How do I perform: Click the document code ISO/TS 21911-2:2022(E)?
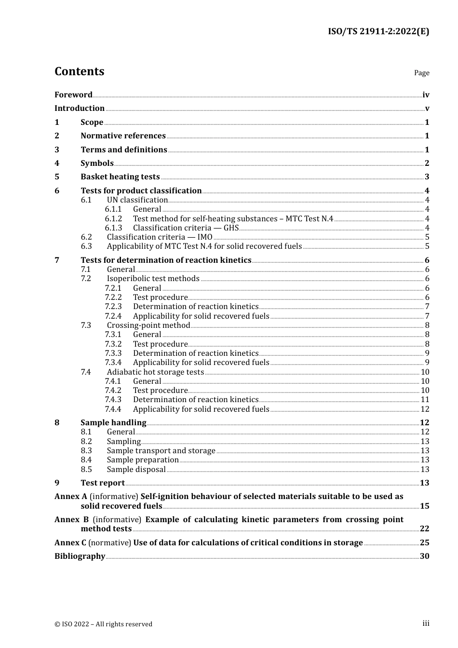tap(378, 32)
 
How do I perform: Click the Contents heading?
tap(79, 71)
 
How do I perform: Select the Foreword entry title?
tap(73, 95)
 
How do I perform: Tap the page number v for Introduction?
tap(427, 108)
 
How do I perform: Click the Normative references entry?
tap(123, 136)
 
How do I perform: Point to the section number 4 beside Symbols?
tap(57, 163)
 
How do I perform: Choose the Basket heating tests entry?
tap(120, 177)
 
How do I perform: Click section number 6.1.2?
tap(113, 219)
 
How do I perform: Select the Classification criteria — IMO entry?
tap(160, 237)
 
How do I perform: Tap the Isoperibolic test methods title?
tap(153, 279)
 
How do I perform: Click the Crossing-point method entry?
tap(148, 325)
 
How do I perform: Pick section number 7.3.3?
tap(113, 353)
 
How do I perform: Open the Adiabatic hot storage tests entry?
tap(155, 372)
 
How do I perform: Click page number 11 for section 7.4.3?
tap(425, 400)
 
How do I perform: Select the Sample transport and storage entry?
tap(161, 451)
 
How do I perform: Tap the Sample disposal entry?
tap(136, 470)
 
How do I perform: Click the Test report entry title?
tap(103, 483)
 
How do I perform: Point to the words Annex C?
tap(70, 543)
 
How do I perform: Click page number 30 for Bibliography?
tap(424, 556)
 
